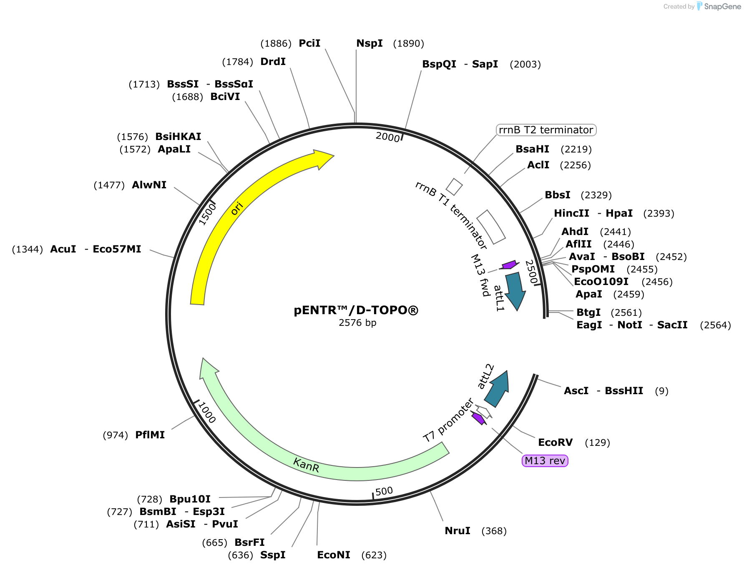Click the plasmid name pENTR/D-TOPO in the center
pos(356,310)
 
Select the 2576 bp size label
pos(357,323)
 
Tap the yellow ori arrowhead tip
pos(334,156)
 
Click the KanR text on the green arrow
pos(306,465)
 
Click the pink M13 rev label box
pos(545,461)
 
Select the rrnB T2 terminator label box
pos(546,130)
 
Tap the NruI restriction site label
pos(457,531)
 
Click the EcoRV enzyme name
pos(555,442)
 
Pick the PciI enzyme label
pos(309,43)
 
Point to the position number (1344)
pos(28,249)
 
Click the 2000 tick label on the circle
pos(388,137)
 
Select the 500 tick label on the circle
pos(384,491)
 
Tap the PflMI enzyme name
pos(150,435)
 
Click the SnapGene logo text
pos(722,6)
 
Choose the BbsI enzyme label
pos(558,195)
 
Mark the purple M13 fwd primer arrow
pos(509,265)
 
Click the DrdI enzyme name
pos(273,62)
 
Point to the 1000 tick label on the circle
pos(207,412)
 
